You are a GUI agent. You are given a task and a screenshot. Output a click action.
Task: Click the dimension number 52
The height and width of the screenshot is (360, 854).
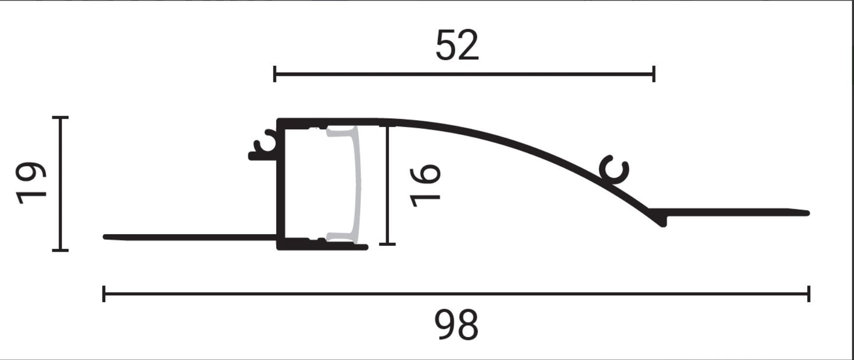[457, 46]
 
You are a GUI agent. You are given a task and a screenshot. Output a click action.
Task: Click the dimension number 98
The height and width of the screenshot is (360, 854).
[456, 326]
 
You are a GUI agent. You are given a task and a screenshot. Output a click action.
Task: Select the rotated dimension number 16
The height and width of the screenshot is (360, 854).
[425, 185]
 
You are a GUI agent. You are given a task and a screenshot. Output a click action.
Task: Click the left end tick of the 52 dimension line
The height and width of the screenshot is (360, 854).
[275, 74]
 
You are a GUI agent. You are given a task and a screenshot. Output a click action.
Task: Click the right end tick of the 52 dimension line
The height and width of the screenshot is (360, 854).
[654, 74]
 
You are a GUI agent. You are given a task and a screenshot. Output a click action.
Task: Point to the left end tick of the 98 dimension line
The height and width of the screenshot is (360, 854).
[104, 293]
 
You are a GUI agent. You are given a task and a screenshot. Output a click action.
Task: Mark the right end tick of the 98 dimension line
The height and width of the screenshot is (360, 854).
[808, 293]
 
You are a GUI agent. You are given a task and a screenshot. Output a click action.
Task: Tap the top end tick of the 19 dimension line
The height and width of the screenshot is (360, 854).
[60, 118]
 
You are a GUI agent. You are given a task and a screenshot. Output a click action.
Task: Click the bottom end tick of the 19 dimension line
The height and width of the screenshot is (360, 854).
[60, 250]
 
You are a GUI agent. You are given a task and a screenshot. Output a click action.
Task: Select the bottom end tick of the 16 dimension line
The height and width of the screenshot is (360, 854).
[387, 244]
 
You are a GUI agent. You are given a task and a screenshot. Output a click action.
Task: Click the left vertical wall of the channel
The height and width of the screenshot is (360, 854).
[282, 183]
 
